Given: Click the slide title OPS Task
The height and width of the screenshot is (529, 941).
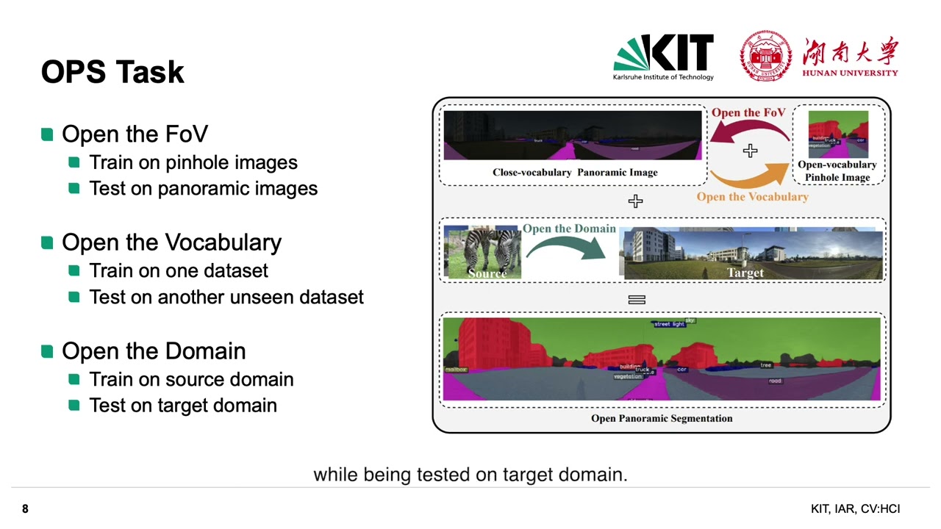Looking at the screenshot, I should (112, 72).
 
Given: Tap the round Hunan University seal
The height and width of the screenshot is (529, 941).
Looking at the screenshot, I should (765, 56).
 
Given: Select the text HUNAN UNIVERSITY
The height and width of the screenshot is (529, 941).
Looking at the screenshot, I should (850, 73).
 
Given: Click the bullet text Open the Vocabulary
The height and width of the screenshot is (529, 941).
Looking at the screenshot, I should (171, 242).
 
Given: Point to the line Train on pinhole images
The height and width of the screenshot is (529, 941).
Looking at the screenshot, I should (193, 162).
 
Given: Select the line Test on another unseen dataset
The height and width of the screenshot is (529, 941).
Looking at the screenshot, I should (226, 297).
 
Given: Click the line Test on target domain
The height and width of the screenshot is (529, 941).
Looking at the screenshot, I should (182, 406).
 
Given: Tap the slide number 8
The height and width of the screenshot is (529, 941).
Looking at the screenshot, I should (25, 509).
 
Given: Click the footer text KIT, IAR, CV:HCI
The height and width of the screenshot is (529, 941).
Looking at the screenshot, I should (855, 509).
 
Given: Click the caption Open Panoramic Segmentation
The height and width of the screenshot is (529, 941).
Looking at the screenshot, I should (662, 418).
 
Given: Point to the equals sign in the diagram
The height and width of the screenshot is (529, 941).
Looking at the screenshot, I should (637, 300).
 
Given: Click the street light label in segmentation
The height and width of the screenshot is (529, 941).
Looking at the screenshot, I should (668, 324).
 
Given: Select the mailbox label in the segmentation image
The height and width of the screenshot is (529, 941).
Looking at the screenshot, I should (456, 370).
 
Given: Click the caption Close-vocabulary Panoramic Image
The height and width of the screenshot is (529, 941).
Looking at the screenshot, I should (575, 173).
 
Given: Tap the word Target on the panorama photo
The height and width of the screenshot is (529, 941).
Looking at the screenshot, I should (745, 273).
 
